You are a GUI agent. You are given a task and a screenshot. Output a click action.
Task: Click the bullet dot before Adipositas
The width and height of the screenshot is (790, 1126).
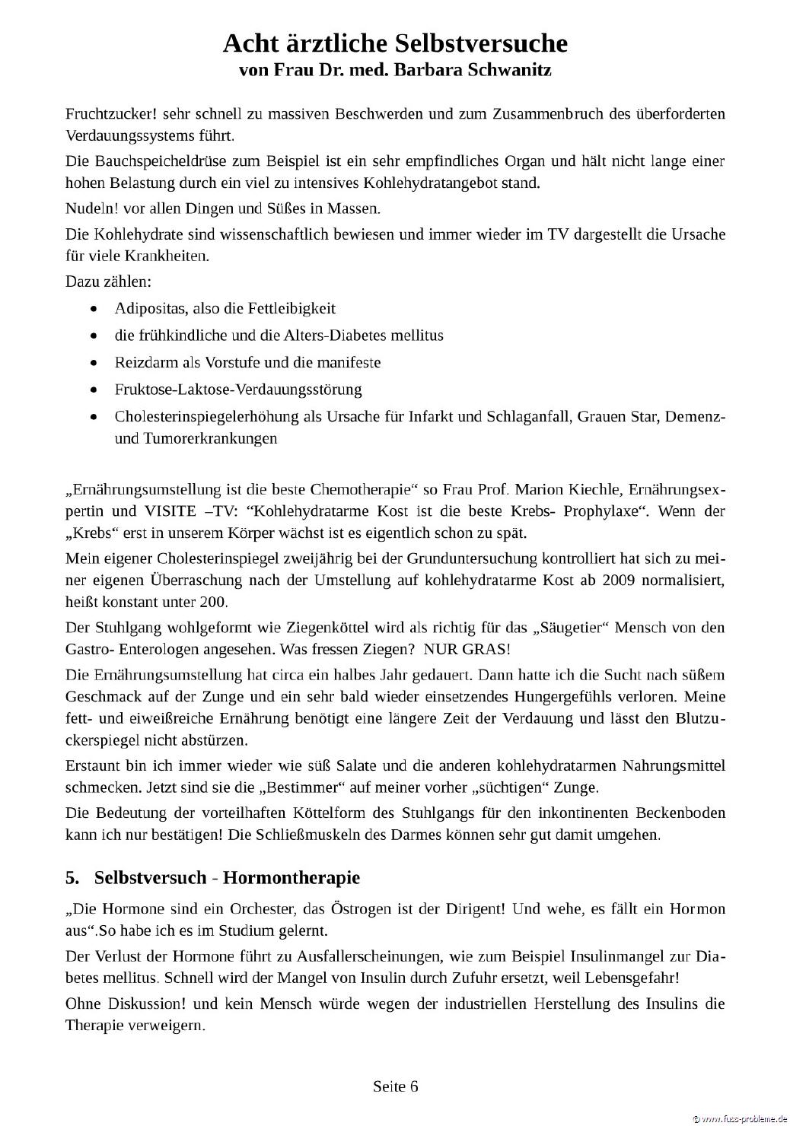coord(93,309)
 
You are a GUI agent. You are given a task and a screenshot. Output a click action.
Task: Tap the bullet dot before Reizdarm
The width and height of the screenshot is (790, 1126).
coord(93,363)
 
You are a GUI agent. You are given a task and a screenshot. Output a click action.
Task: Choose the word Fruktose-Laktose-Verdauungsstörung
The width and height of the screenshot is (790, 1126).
coord(238,390)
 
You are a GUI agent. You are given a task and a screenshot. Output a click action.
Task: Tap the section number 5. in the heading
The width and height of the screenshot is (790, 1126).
coord(72,878)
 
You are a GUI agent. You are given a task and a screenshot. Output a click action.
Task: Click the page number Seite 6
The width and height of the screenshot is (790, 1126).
coord(396,1086)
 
